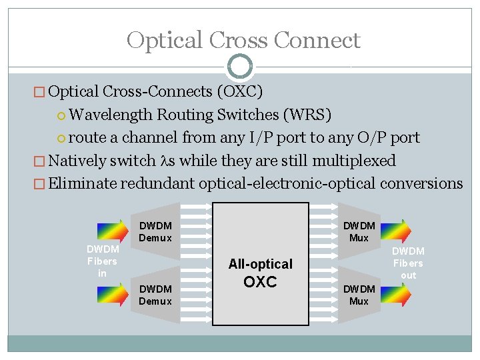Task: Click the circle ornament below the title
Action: (240, 67)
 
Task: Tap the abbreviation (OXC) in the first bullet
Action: (238, 91)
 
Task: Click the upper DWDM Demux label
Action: (155, 232)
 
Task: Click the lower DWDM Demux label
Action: (155, 295)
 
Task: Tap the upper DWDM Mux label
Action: (359, 232)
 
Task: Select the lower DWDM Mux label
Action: (359, 295)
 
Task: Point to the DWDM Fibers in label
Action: (102, 261)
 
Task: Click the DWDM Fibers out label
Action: (408, 263)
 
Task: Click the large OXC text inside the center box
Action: (260, 282)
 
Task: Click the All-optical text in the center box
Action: (260, 264)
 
